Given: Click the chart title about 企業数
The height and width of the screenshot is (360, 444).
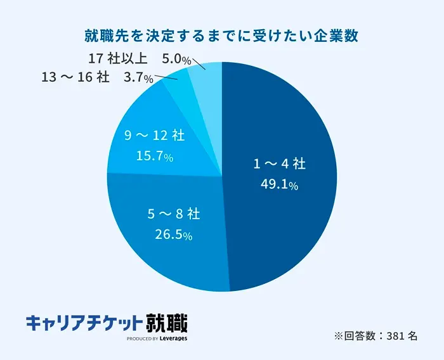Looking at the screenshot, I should click(x=222, y=35).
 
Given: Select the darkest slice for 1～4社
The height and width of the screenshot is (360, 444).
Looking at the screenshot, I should click(x=285, y=127).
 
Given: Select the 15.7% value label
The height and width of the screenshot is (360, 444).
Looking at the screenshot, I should click(x=155, y=156).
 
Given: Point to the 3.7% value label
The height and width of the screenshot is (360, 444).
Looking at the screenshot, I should click(x=139, y=79).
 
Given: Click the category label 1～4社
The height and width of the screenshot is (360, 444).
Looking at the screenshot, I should click(x=280, y=164).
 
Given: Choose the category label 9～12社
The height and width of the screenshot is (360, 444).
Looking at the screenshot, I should click(x=155, y=135).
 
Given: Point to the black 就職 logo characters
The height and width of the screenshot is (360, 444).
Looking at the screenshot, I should click(x=166, y=322).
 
